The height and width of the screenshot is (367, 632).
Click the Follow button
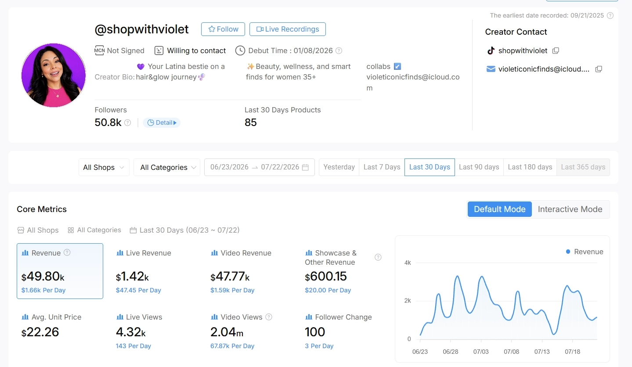point(223,29)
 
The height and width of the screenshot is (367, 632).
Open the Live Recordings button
point(288,29)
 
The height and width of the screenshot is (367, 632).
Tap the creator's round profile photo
point(53,75)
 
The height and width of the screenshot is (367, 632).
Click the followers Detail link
point(161,122)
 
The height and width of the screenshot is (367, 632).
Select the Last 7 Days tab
point(382,167)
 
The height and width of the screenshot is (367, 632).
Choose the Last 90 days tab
point(479,167)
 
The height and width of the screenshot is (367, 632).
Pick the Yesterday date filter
point(339,167)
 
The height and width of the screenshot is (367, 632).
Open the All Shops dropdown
point(104,167)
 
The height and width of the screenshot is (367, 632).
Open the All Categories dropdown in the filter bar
point(167,167)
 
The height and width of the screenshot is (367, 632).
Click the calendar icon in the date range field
point(305,167)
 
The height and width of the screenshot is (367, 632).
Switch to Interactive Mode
point(570,209)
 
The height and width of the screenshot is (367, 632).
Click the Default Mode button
point(500,209)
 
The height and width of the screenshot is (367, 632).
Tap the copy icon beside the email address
point(599,69)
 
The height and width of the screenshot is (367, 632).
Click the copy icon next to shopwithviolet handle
point(556,50)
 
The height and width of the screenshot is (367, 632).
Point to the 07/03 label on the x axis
point(481,352)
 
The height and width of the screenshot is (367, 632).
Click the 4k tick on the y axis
point(408,263)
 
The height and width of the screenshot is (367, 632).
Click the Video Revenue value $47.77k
point(230,277)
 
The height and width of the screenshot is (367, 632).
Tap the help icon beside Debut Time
point(339,50)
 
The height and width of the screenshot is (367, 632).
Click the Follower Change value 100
point(315,332)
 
